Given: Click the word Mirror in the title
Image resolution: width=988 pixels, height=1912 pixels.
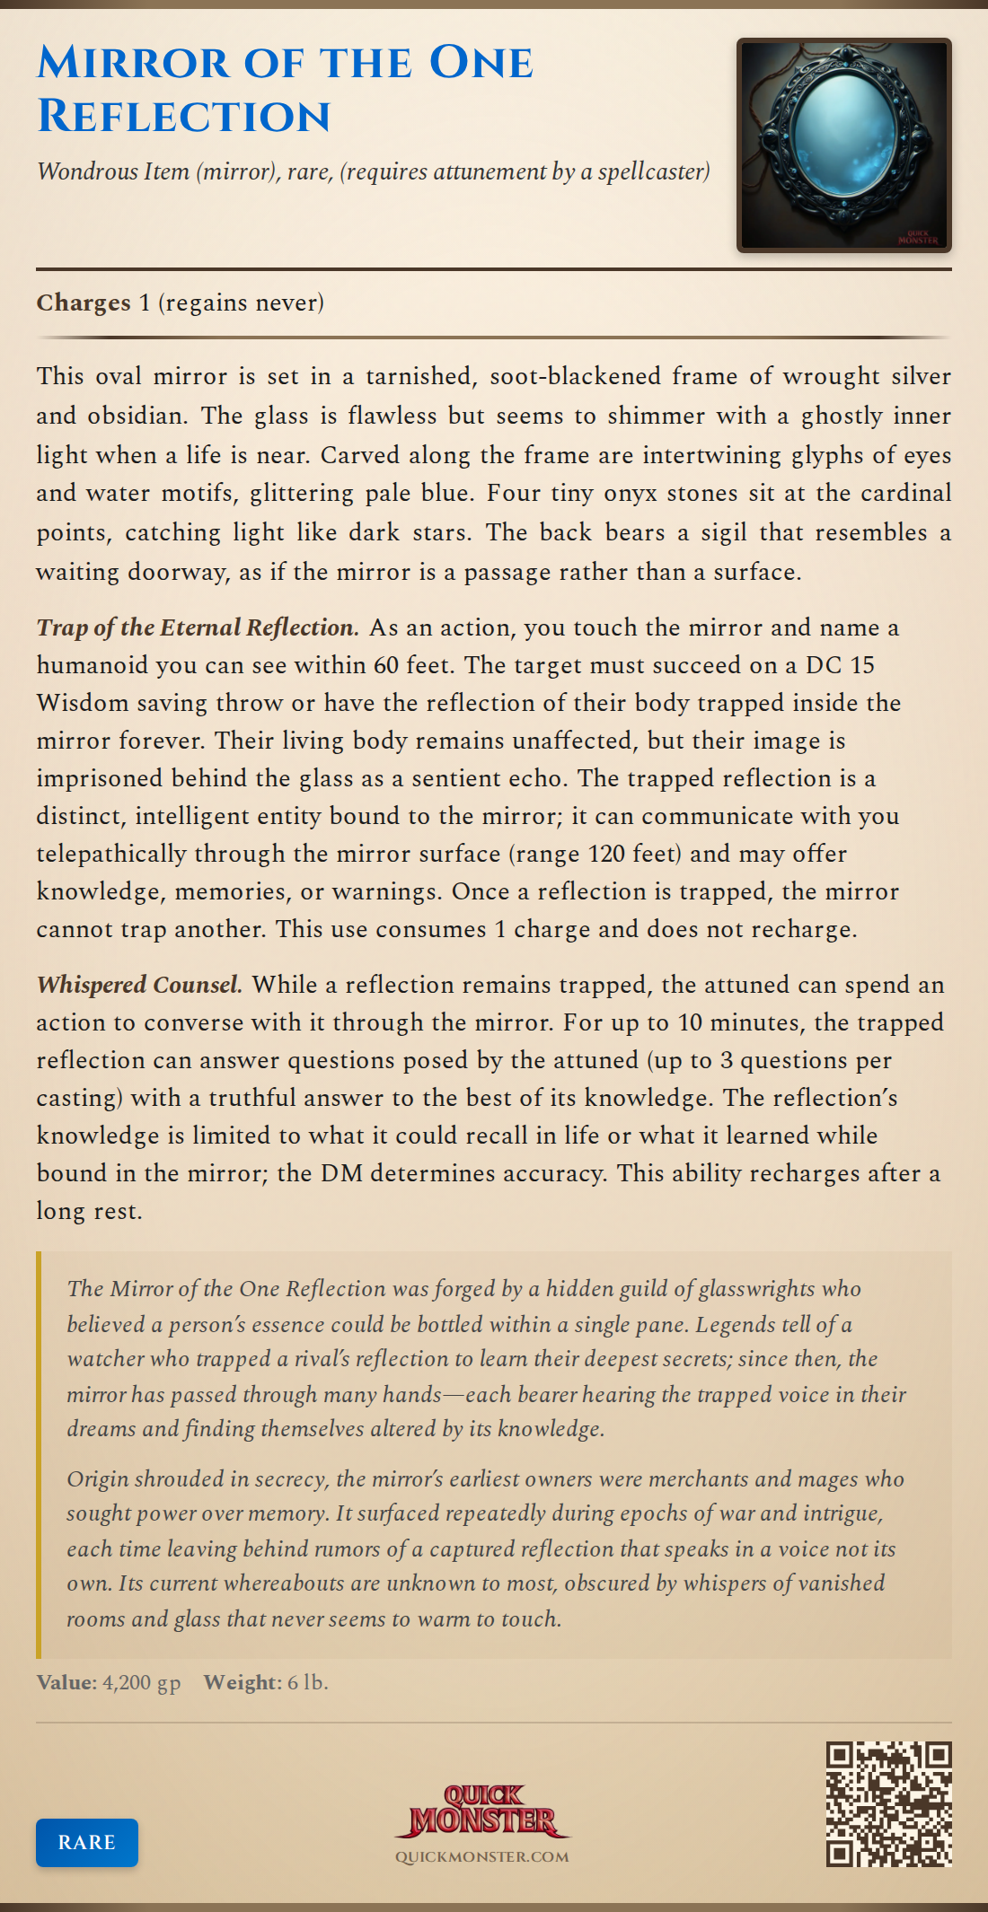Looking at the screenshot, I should click(134, 63).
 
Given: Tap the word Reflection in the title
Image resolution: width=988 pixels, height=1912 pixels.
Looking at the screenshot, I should click(184, 117).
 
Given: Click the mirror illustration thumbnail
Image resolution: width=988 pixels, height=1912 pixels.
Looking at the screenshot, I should click(843, 145).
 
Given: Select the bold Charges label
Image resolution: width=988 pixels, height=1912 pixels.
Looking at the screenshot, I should click(84, 303).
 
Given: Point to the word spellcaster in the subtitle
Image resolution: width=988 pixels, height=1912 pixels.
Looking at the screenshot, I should click(653, 171).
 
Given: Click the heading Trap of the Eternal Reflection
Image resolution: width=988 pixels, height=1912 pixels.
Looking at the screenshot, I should click(198, 627).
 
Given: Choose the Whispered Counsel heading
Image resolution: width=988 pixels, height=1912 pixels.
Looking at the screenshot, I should click(139, 984).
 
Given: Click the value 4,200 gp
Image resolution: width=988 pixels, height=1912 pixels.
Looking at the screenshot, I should click(141, 1681).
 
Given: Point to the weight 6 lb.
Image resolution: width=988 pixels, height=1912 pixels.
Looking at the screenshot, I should click(307, 1681).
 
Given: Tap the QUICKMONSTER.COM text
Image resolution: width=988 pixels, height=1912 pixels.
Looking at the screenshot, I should click(482, 1856).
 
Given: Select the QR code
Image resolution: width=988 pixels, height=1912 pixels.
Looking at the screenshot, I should click(888, 1804).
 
